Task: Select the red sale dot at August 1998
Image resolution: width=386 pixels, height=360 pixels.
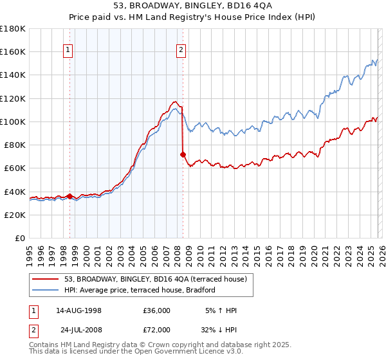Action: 69,196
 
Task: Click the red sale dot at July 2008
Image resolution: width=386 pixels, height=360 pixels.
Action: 183,154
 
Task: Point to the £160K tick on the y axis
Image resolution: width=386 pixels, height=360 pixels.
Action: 13,52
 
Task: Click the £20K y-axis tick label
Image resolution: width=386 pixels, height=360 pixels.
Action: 14,215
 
